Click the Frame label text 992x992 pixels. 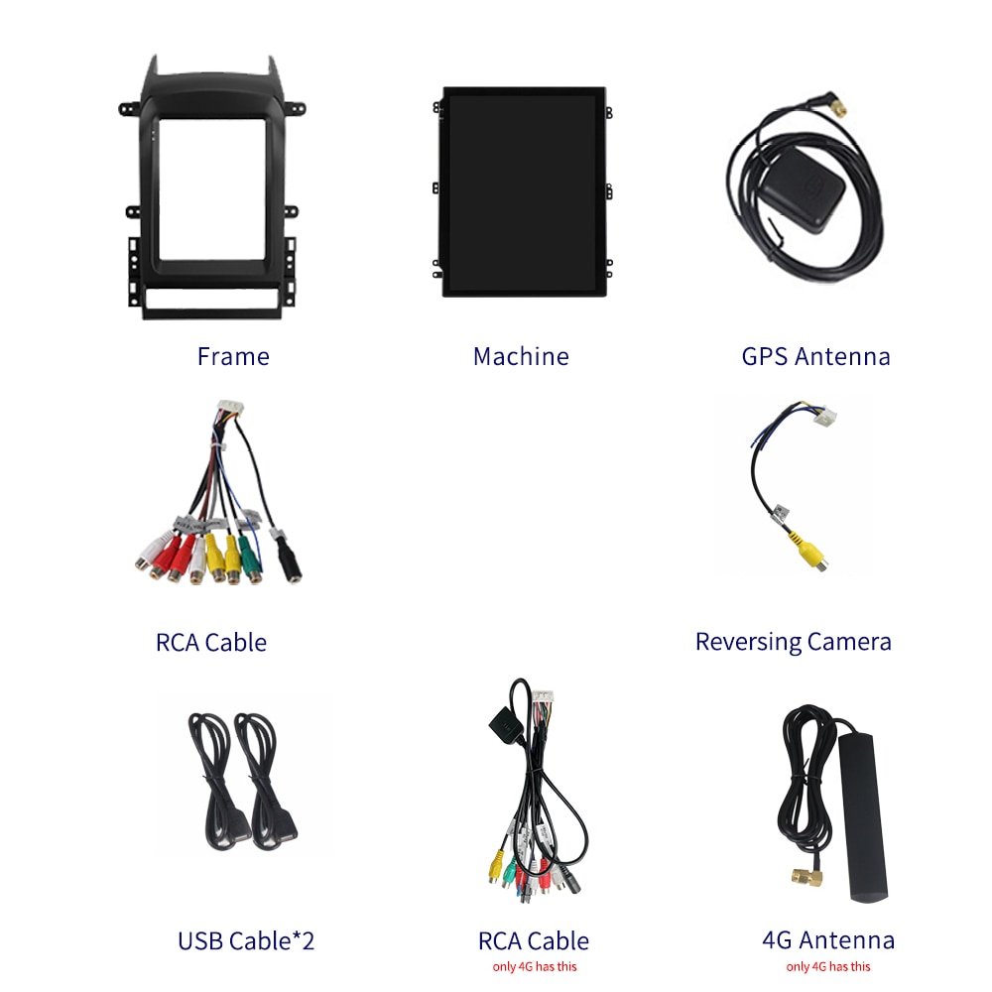click(233, 357)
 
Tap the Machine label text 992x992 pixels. click(521, 357)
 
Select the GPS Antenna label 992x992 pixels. click(815, 357)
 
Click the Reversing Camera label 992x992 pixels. click(793, 642)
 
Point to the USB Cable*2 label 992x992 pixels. click(246, 940)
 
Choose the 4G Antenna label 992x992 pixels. click(828, 940)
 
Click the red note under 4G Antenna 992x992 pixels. click(828, 966)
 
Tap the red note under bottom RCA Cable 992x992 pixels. click(535, 966)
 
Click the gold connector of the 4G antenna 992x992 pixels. click(807, 877)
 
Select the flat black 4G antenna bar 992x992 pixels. click(864, 817)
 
